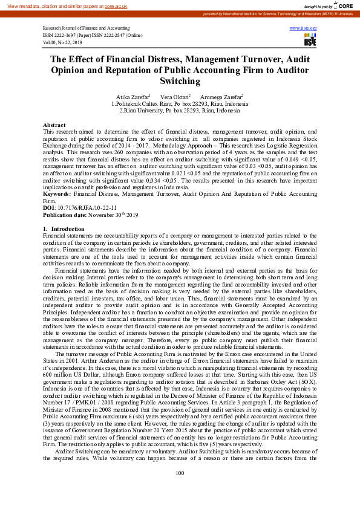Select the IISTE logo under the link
(310, 41)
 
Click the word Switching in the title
(180, 81)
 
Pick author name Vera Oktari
(174, 97)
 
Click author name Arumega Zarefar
(221, 97)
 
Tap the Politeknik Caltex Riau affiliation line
(180, 104)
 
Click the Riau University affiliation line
(180, 111)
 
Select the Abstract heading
(54, 124)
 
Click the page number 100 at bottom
(180, 490)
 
